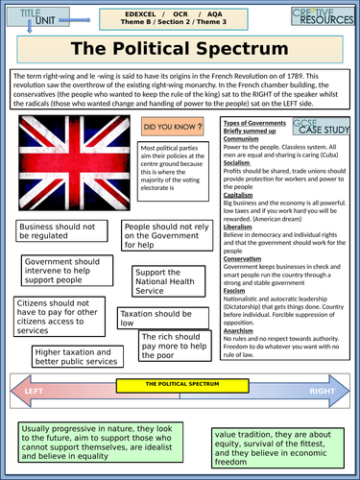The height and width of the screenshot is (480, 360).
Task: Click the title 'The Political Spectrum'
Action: click(x=180, y=50)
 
